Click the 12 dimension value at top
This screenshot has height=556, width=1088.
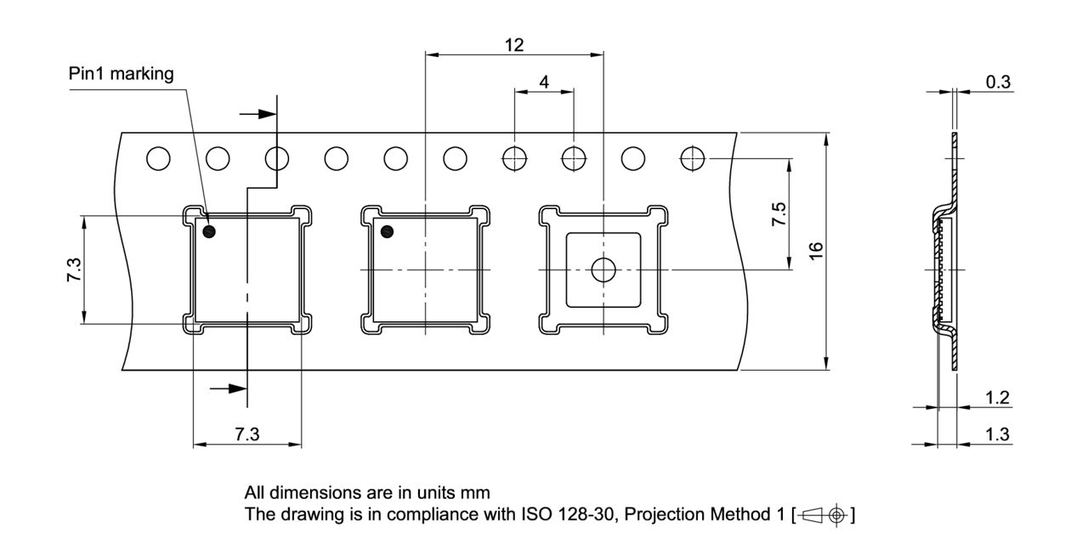click(514, 45)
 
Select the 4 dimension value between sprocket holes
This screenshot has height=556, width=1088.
click(544, 82)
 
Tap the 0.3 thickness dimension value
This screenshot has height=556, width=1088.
click(998, 82)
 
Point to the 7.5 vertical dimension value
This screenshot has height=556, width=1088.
click(779, 214)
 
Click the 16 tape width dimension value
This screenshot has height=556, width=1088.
click(816, 251)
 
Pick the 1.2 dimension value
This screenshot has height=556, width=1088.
click(997, 398)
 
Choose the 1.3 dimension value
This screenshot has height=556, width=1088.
click(997, 434)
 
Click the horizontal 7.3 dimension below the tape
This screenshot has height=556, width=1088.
click(247, 434)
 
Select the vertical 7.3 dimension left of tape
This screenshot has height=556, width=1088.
click(74, 269)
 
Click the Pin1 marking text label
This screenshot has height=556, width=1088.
click(121, 73)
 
